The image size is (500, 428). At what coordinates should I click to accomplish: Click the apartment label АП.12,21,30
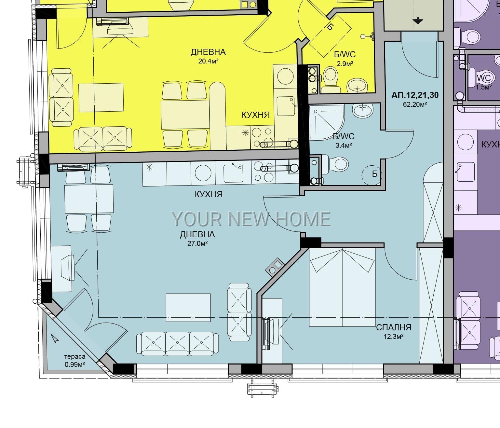coord(415,95)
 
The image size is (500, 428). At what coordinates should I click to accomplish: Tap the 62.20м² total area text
coord(415,104)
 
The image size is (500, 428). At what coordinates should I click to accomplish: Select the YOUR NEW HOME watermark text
coord(251,219)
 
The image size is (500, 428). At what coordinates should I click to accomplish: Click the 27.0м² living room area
coord(197,243)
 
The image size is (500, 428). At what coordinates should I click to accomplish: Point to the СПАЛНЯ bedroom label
coord(394,327)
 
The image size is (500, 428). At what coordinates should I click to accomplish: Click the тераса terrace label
coord(75,357)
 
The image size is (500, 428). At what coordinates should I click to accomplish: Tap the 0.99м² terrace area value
coord(75,364)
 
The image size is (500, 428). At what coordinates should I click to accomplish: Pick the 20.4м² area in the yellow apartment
coord(208,61)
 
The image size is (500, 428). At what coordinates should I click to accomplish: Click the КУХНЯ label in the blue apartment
coord(209,194)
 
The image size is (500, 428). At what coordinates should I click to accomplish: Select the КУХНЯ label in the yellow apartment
coord(256,115)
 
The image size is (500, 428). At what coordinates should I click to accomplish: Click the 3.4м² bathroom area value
coord(344,145)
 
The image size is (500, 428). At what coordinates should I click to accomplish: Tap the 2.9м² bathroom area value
coord(345,64)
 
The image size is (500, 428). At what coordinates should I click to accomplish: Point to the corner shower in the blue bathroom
coord(327,122)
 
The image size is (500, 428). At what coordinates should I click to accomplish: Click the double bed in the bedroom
coord(342,287)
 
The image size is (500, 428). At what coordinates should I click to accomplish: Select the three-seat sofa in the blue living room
coord(177,343)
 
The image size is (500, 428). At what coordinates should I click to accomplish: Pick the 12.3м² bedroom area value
coord(394,337)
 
